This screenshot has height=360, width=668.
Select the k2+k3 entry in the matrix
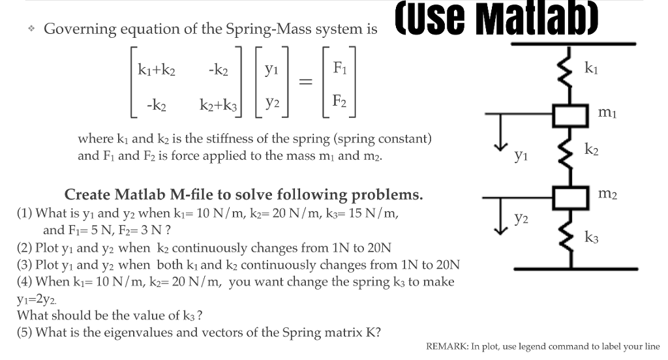[x=221, y=104]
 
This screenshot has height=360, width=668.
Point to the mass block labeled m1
[x=572, y=115]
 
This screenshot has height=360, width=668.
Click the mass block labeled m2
[x=572, y=196]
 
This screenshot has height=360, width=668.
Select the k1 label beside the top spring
[x=590, y=67]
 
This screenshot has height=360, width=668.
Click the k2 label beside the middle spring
[x=591, y=151]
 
